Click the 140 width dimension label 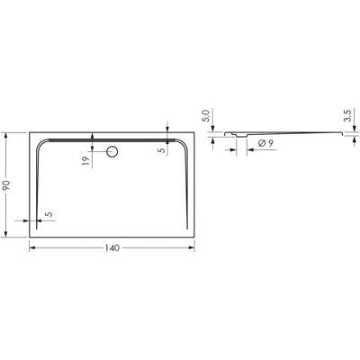pyautogui.click(x=112, y=248)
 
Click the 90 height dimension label pyautogui.click(x=6, y=185)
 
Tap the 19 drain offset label pyautogui.click(x=86, y=161)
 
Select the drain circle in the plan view pyautogui.click(x=112, y=151)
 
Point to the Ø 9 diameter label pyautogui.click(x=265, y=143)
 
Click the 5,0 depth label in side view pyautogui.click(x=206, y=115)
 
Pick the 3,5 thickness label pyautogui.click(x=347, y=116)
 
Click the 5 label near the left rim pyautogui.click(x=49, y=214)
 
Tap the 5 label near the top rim pyautogui.click(x=162, y=150)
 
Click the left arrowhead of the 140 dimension pyautogui.click(x=32, y=247)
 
